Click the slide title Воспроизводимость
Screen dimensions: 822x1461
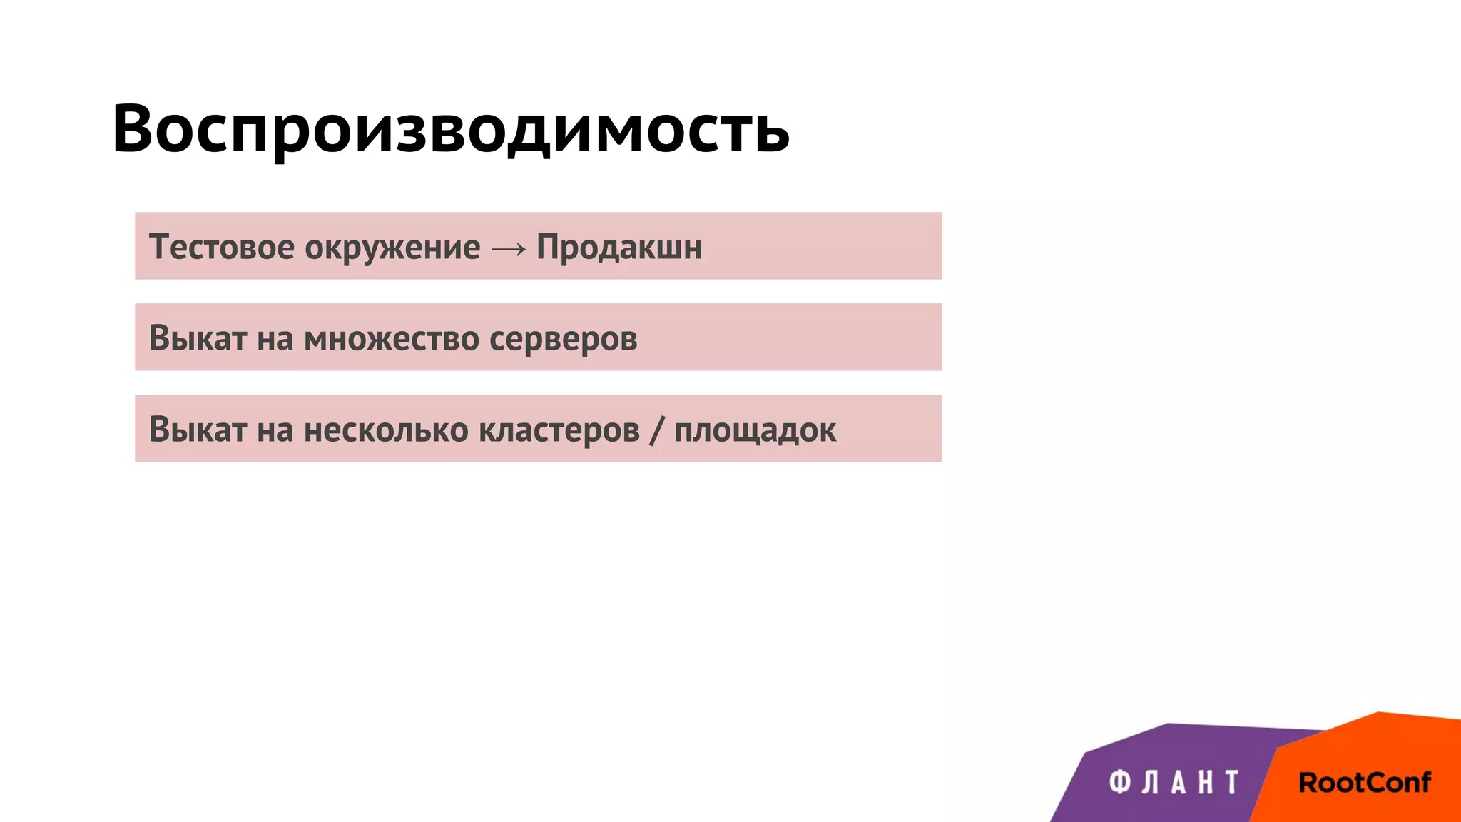coord(450,129)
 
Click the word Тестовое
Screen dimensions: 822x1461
coord(221,247)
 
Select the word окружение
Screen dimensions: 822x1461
coord(392,248)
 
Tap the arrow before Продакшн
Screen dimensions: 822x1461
coord(509,248)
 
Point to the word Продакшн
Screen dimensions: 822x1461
coord(619,248)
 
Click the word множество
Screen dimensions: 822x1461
coord(392,338)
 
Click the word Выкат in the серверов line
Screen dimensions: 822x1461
coord(198,338)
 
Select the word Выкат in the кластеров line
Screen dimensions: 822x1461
coord(198,430)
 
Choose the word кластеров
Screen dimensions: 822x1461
coord(559,430)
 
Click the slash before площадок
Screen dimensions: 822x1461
coord(656,430)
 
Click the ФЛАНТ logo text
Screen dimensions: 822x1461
coord(1174,782)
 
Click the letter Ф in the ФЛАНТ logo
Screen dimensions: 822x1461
coord(1119,782)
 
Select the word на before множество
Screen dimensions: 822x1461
coord(275,339)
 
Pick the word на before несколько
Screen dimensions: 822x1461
coord(275,430)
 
